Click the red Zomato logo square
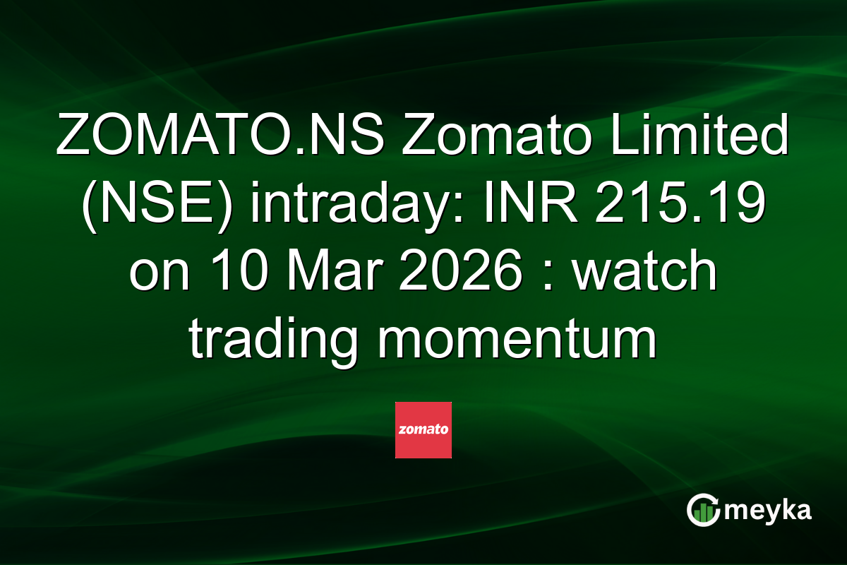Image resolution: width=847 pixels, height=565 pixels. click(x=423, y=430)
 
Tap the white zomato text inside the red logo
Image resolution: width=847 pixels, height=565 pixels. click(x=423, y=429)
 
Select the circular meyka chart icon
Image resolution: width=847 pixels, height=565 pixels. click(x=704, y=510)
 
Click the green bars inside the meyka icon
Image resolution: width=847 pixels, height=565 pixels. click(x=702, y=515)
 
